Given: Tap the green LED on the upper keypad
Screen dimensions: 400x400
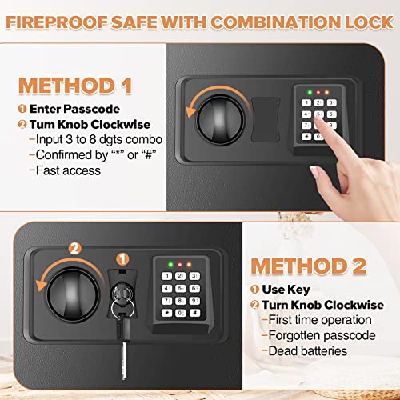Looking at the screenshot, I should click(x=307, y=92).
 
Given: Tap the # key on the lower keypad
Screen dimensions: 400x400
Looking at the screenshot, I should click(x=195, y=313).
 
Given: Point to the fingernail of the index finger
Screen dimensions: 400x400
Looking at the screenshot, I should click(x=320, y=115).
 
